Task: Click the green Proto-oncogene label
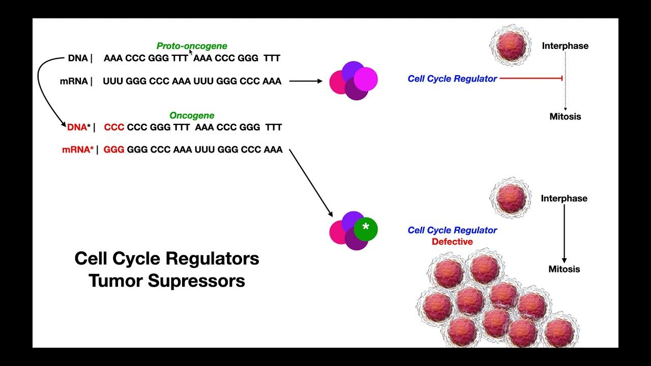(x=192, y=46)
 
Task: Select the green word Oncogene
(x=192, y=115)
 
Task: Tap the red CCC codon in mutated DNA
(x=114, y=127)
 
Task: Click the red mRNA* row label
(x=77, y=150)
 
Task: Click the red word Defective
(x=452, y=242)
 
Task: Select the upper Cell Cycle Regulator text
(x=452, y=79)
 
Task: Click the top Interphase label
(x=565, y=46)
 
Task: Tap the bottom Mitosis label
(x=564, y=269)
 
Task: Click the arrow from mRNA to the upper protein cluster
(x=305, y=81)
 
